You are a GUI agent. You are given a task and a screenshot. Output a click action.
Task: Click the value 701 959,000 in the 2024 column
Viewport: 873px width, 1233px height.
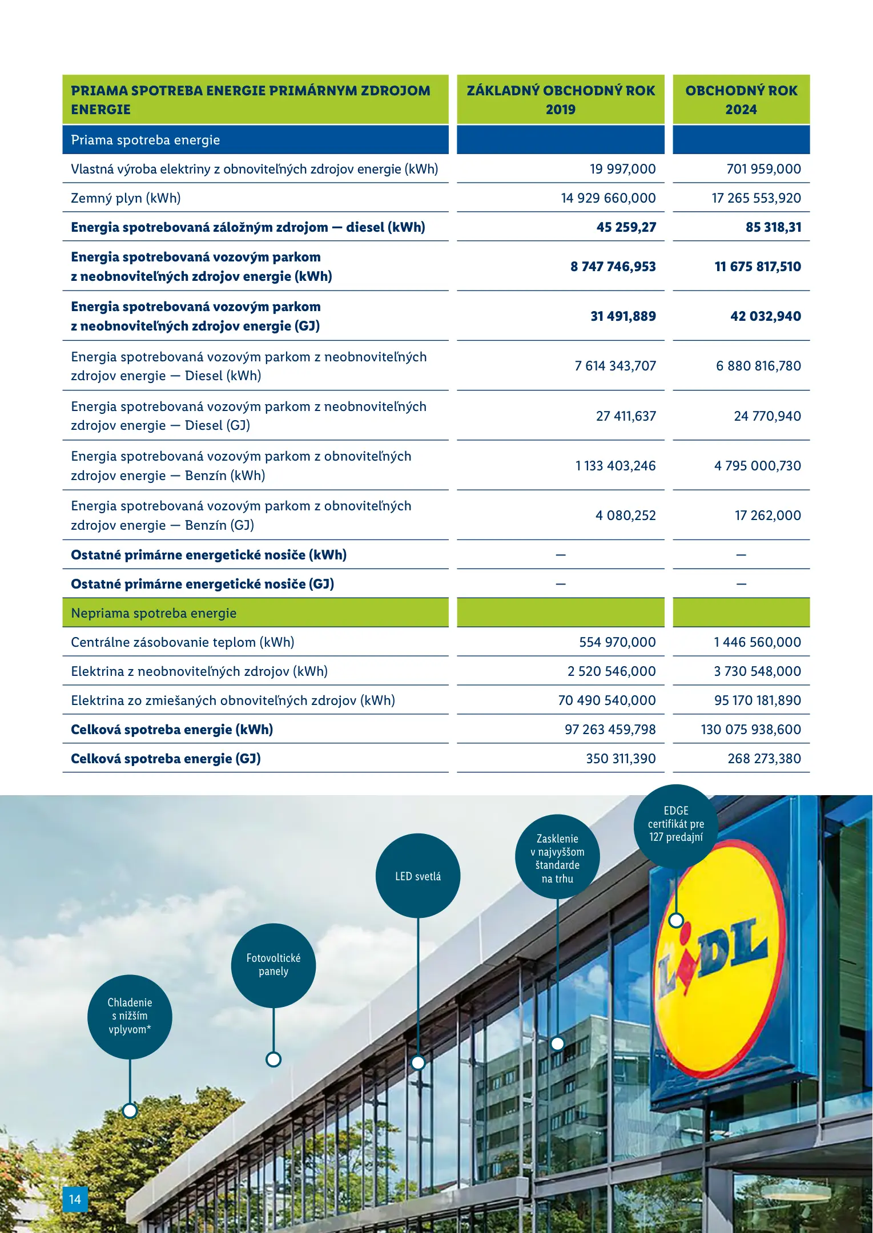point(763,169)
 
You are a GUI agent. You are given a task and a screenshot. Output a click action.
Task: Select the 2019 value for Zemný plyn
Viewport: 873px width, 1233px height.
point(608,198)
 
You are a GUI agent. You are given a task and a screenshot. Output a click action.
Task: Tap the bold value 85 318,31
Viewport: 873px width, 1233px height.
point(773,227)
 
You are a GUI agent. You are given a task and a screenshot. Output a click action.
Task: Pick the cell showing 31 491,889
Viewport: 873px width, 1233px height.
point(623,316)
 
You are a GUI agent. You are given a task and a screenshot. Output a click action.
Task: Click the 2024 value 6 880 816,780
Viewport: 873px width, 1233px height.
point(758,366)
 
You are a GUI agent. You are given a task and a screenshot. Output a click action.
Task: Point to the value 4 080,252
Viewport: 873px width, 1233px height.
point(625,515)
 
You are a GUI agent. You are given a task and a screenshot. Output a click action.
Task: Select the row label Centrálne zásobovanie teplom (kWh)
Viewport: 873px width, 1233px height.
point(183,642)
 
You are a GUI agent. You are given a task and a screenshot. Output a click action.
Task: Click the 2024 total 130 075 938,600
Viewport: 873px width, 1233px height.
point(751,730)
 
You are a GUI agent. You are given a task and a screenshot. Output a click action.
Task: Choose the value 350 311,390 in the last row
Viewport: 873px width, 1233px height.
point(621,759)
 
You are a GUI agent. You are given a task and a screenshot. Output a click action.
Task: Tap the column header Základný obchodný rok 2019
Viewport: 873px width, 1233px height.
point(561,100)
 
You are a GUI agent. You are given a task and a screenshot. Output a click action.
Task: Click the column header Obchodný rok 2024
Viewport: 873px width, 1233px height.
point(741,100)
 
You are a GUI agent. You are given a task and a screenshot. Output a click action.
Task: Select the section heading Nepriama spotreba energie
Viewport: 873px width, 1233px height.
point(154,613)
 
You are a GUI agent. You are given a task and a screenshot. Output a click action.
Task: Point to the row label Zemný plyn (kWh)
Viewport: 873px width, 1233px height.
point(126,198)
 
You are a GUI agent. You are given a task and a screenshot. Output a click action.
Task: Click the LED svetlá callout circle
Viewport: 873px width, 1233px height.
point(418,876)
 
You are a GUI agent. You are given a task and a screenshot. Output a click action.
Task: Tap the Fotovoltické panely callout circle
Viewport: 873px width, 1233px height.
point(273,965)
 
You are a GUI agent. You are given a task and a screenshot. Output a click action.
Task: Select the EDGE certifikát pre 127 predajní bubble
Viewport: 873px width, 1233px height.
point(676,824)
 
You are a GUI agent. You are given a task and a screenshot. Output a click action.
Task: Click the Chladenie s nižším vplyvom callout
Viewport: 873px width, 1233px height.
point(130,1016)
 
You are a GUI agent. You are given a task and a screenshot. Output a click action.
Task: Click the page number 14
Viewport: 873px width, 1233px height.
point(75,1199)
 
